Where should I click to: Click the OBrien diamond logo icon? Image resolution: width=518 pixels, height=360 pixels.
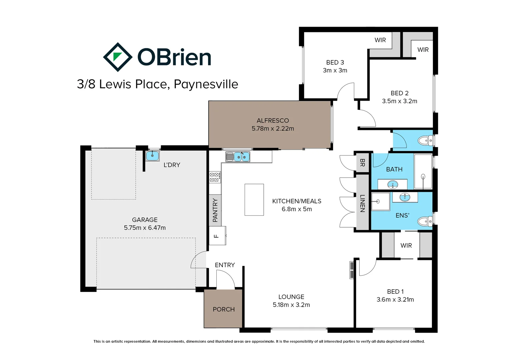pos(118,57)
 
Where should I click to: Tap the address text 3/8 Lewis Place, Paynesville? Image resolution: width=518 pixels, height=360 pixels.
pos(157,84)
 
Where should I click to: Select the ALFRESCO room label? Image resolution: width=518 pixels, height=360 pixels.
pos(273,121)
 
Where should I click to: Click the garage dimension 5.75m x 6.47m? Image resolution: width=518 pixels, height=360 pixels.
pos(145,228)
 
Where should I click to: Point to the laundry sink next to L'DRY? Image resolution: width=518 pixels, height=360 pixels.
pos(152,156)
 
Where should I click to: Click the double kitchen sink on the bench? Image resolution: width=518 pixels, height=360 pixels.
pos(241,157)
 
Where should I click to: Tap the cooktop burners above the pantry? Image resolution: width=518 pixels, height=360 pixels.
pos(214,177)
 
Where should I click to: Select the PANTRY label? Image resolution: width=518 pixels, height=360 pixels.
pos(215,210)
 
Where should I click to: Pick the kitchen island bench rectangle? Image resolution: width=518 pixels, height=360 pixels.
pos(254,200)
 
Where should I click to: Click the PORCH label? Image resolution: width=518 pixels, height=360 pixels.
pos(224,309)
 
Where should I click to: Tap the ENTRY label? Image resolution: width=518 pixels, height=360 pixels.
pos(225,265)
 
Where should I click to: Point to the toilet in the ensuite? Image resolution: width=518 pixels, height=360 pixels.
pos(425,221)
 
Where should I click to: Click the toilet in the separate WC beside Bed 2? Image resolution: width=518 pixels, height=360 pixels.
pos(425,141)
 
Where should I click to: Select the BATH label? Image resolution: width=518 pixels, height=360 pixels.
pos(394,169)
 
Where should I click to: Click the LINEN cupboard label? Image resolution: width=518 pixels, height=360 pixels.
pos(362,203)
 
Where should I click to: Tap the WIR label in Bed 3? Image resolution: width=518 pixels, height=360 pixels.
pos(380,40)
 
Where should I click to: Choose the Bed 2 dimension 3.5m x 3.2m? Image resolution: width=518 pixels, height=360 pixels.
pos(399,101)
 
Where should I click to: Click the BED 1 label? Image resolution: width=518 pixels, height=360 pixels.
pos(395,291)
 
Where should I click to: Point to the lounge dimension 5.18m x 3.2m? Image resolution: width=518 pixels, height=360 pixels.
pos(291,305)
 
